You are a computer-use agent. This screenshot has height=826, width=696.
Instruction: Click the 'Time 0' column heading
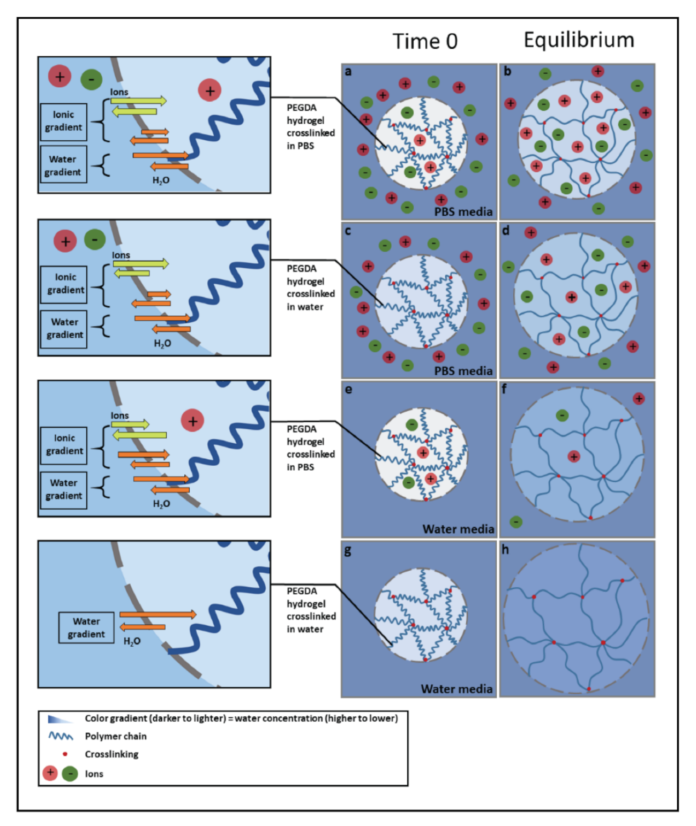click(x=425, y=41)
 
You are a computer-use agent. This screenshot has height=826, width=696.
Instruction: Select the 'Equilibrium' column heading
click(x=579, y=40)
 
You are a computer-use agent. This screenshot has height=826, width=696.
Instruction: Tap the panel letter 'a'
click(x=348, y=71)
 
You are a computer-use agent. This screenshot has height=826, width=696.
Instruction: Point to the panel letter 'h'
click(x=505, y=550)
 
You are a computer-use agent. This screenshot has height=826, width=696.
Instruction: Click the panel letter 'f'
click(x=504, y=389)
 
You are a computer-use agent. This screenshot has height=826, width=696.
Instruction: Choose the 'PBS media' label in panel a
click(x=463, y=211)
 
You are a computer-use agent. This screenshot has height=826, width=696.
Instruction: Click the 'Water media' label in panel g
click(x=456, y=689)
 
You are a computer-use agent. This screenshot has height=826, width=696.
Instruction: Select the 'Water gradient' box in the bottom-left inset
click(x=86, y=627)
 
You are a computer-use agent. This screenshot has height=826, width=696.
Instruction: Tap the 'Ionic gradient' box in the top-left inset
click(x=63, y=121)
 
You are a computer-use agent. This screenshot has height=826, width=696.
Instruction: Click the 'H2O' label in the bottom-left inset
click(x=132, y=641)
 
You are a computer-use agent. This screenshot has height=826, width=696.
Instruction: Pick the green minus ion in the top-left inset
click(x=91, y=80)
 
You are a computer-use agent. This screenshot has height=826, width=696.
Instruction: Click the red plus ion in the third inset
click(x=192, y=421)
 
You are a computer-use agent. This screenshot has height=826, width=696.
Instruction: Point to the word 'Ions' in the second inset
click(x=121, y=255)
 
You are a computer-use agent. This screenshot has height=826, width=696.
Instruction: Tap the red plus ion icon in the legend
click(x=50, y=773)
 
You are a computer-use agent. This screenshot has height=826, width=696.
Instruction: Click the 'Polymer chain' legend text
click(x=116, y=736)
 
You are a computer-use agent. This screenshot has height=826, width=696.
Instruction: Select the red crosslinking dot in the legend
click(x=65, y=754)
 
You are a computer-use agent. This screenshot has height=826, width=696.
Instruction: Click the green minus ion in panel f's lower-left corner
click(x=515, y=521)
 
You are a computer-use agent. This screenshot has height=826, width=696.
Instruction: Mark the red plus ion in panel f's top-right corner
click(x=638, y=398)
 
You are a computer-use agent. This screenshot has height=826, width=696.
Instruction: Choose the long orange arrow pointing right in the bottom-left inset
click(x=158, y=615)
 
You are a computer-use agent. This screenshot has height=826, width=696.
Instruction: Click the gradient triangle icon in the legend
click(x=60, y=719)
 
